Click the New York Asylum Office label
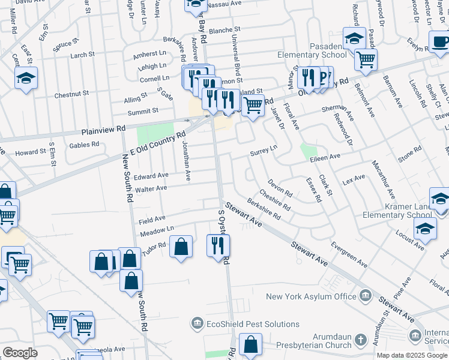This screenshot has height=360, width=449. tap(311, 296)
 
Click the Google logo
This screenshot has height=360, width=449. tap(20, 353)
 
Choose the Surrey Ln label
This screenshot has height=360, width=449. tap(264, 151)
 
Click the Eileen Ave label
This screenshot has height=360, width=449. tap(325, 157)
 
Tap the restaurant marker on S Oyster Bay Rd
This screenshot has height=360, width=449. tap(218, 245)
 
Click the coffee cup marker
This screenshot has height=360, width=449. tap(441, 42)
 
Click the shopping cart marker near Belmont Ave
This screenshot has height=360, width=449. tap(365, 59)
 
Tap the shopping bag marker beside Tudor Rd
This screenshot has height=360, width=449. tap(181, 247)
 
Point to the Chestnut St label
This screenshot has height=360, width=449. tap(71, 94)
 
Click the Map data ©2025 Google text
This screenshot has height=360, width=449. tap(411, 355)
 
